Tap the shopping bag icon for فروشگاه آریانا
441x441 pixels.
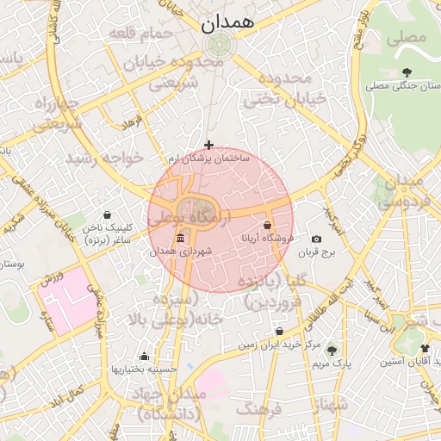pyautogui.click(x=268, y=225)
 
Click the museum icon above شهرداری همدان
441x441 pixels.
pyautogui.click(x=180, y=238)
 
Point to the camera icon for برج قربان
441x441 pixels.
pyautogui.click(x=316, y=239)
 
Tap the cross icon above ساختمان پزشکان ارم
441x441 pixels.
pyautogui.click(x=208, y=145)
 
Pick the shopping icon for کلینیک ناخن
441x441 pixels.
pyautogui.click(x=107, y=215)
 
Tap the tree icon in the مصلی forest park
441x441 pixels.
pyautogui.click(x=407, y=72)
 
